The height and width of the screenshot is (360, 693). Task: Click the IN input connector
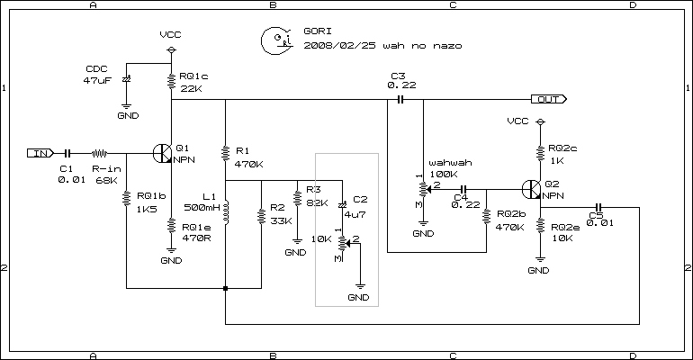point(40,153)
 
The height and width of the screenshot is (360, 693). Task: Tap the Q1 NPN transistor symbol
point(163,153)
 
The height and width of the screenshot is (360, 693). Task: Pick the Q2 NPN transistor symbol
point(531,190)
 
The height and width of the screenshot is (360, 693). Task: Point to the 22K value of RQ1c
point(191,88)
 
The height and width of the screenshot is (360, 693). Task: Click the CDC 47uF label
point(96,74)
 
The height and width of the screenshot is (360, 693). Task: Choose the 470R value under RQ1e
point(194,238)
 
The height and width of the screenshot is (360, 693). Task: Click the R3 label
point(313,190)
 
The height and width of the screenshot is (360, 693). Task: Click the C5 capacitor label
point(595,214)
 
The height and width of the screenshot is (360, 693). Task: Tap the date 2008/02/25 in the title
point(337,44)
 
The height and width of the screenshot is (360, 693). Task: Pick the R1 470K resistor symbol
point(225,153)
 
